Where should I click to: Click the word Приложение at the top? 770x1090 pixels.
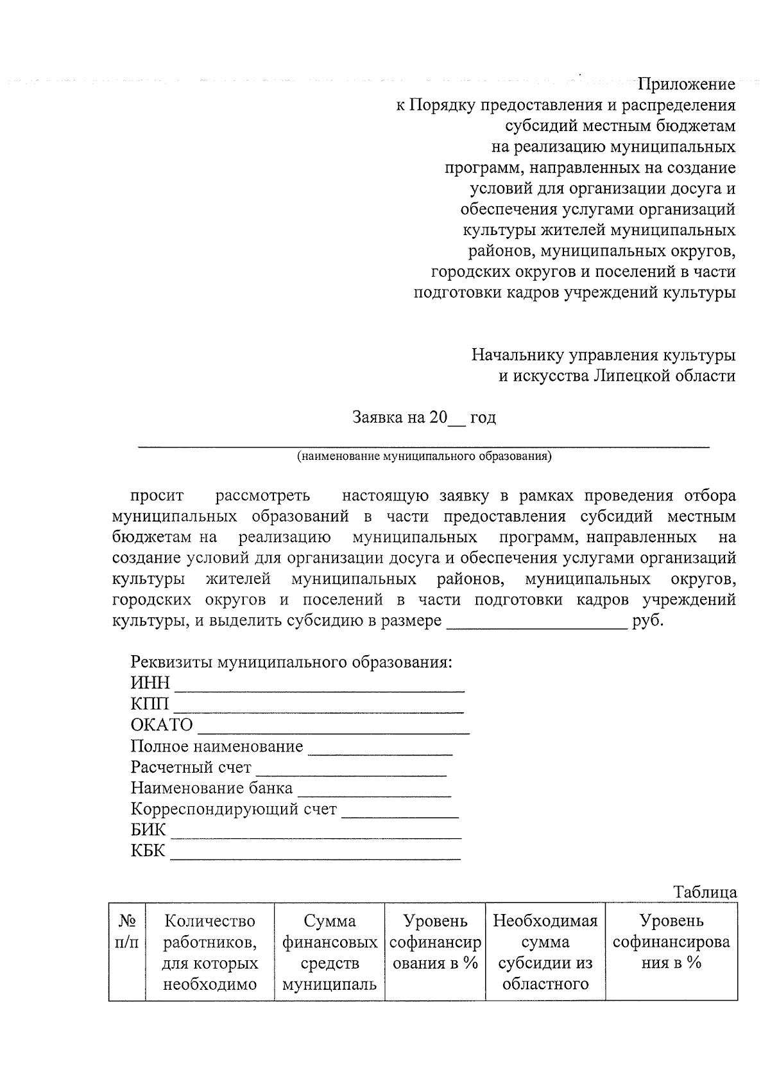686,84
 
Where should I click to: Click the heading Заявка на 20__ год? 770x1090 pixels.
424,418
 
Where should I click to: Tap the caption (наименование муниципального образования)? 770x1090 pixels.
424,457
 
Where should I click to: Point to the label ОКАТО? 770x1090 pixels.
162,725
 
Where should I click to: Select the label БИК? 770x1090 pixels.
148,830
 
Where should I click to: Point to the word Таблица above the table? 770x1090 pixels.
705,892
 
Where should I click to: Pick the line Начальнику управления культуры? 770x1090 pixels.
603,355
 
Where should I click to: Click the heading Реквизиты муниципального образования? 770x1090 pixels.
291,662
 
